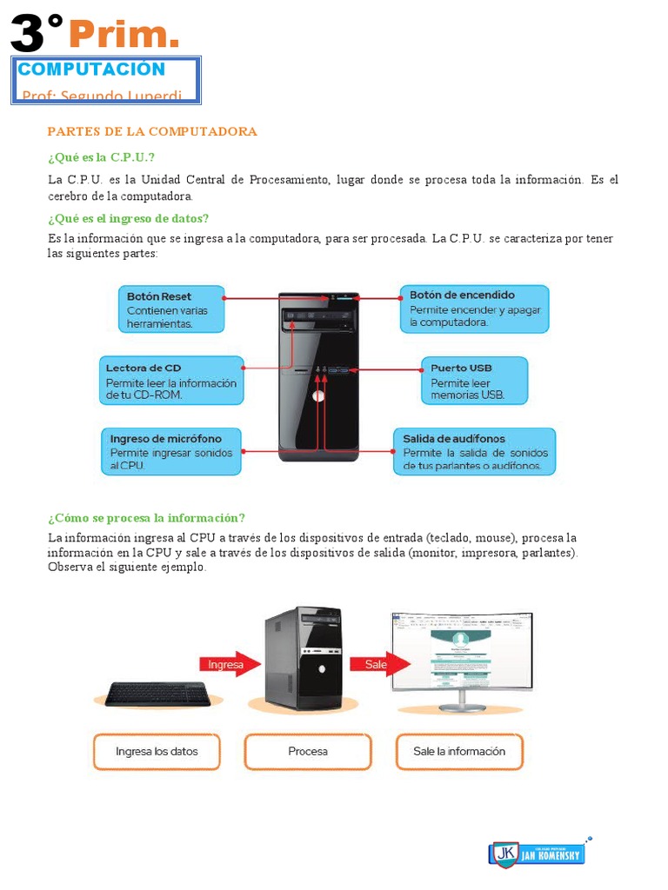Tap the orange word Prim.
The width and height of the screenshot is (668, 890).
124,35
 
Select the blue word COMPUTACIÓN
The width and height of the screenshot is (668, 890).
91,70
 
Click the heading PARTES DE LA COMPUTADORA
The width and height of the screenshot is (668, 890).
152,131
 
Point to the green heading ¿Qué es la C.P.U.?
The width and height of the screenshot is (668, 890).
101,157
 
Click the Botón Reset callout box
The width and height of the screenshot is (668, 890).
171,309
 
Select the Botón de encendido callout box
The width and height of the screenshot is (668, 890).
474,309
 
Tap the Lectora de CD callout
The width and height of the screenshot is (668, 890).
170,381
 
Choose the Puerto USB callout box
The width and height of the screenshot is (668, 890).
474,381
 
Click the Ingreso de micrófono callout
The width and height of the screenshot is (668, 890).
171,452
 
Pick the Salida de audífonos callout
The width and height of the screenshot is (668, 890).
474,452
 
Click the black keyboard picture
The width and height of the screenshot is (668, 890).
157,694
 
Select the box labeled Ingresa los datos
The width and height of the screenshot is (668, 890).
157,751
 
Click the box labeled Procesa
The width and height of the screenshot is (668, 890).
308,751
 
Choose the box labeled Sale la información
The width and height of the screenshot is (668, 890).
459,751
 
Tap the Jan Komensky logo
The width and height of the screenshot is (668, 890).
536,853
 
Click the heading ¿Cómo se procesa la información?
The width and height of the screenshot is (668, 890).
147,517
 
